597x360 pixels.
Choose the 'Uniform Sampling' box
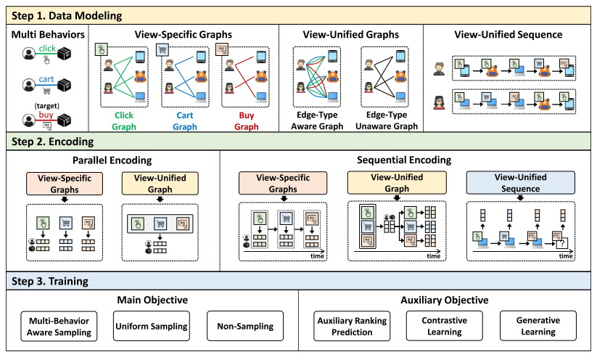pyautogui.click(x=151, y=326)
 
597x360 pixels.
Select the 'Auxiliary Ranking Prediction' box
pyautogui.click(x=352, y=326)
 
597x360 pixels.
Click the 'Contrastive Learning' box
pyautogui.click(x=444, y=326)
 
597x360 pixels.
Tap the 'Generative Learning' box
pyautogui.click(x=537, y=326)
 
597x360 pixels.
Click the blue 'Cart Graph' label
pyautogui.click(x=186, y=120)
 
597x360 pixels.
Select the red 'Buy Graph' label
pyautogui.click(x=247, y=120)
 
